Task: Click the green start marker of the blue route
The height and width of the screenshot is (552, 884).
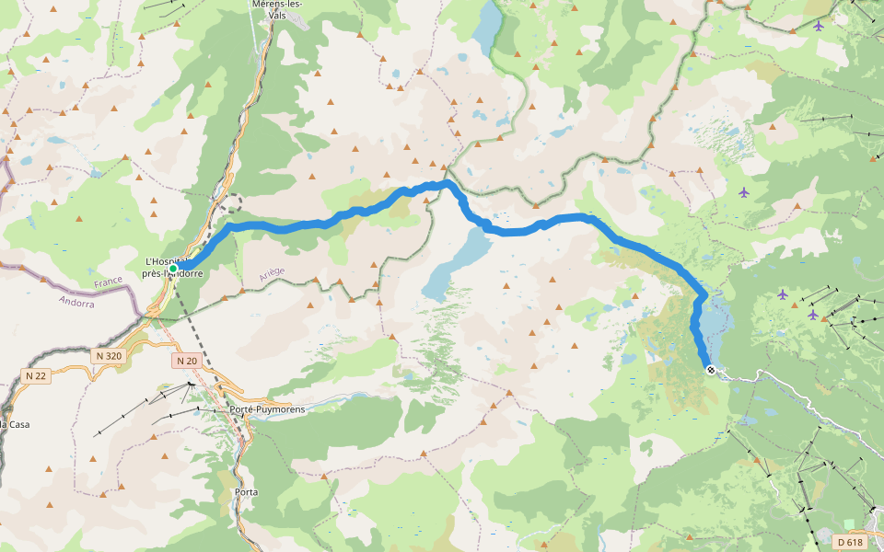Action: tap(172, 268)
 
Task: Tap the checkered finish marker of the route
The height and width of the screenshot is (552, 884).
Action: tap(710, 370)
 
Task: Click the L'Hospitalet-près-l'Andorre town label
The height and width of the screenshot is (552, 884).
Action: tap(172, 268)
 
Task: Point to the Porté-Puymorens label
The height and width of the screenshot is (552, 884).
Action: tap(267, 408)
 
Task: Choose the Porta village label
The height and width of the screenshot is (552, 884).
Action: tap(246, 492)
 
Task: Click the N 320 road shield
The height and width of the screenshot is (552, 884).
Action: tap(108, 355)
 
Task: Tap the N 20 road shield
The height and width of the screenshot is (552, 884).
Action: tap(186, 361)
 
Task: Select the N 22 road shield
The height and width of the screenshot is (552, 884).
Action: tap(36, 375)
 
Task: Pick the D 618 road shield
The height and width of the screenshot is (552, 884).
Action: tap(850, 542)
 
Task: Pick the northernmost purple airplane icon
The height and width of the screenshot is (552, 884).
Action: tap(819, 25)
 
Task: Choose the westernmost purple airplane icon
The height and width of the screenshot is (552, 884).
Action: tap(744, 192)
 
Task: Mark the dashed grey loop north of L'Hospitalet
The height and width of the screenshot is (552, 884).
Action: tap(232, 203)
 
